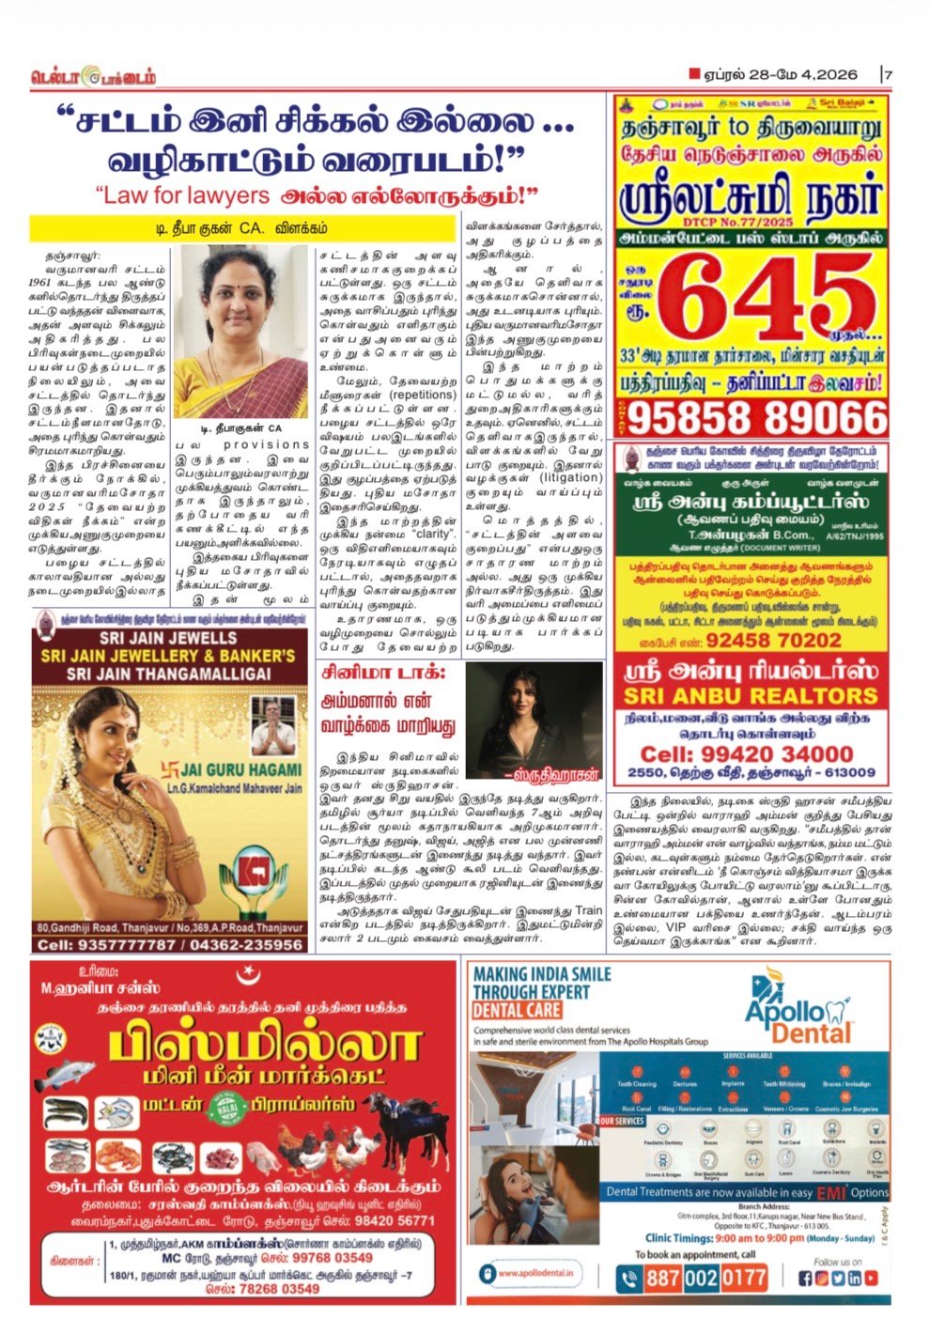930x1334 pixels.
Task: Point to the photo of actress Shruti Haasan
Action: pos(534,720)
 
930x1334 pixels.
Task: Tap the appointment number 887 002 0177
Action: pos(705,1278)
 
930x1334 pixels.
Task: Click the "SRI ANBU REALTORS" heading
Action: pos(750,696)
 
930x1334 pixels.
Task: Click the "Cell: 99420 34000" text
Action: pos(746,753)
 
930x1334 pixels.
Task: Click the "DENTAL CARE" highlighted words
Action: pos(516,1010)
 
